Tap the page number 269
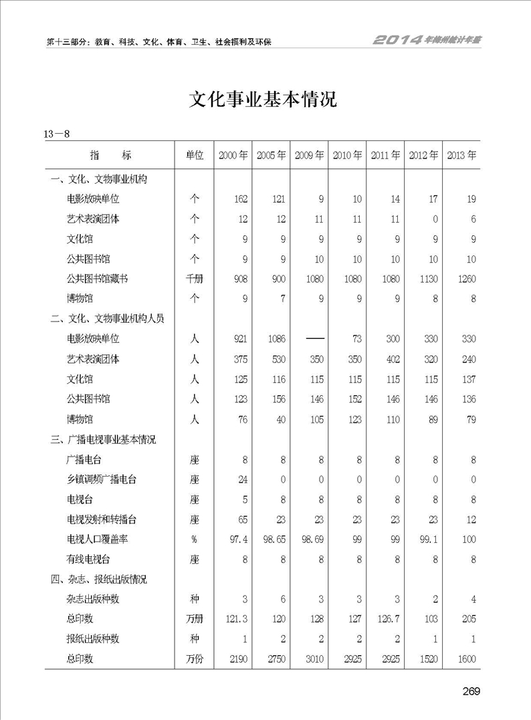click(471, 691)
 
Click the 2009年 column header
click(309, 155)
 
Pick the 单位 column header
click(194, 155)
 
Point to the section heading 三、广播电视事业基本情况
click(104, 440)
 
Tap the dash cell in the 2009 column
click(310, 340)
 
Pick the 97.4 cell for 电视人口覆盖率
click(238, 539)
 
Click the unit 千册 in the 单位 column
click(194, 279)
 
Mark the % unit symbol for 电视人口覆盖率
click(194, 539)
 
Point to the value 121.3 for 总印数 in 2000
click(237, 619)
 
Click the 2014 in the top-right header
click(397, 40)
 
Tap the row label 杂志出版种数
click(93, 599)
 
